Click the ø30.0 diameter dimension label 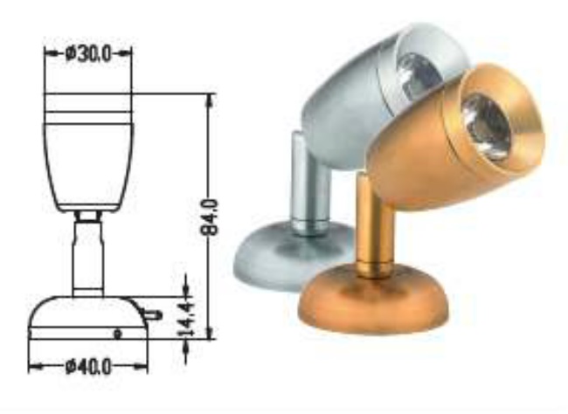(87, 54)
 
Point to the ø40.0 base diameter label (87, 366)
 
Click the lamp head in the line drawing (87, 162)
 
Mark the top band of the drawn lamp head (87, 107)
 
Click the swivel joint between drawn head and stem (87, 215)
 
